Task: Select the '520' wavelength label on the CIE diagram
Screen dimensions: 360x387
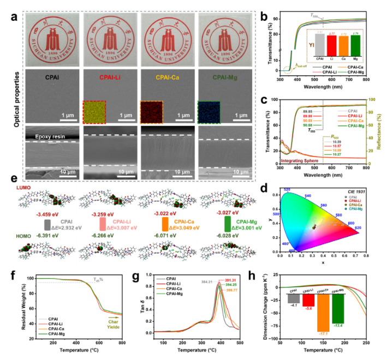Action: [287, 189]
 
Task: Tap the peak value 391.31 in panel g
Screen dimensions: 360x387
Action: [233, 275]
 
